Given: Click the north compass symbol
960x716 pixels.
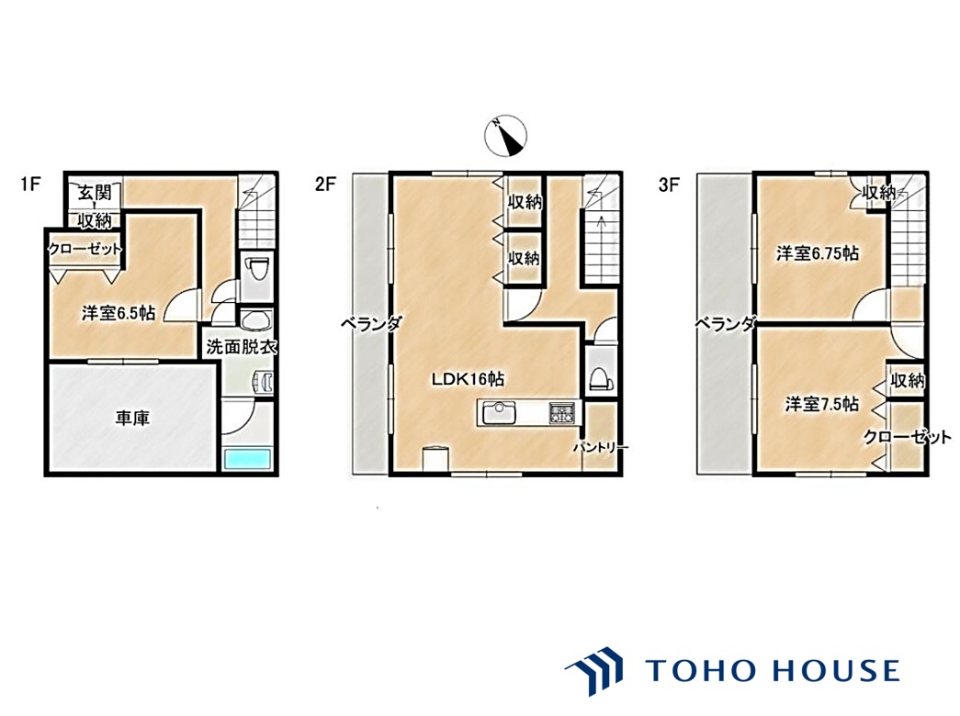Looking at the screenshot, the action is (505, 135).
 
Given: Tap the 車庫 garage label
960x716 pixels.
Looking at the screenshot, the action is (132, 419).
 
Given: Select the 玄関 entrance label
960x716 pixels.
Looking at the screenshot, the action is (95, 193).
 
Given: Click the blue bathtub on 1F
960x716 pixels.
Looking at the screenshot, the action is (247, 459).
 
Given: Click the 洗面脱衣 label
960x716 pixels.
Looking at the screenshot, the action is (242, 347).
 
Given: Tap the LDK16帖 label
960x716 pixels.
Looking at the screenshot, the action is (468, 379).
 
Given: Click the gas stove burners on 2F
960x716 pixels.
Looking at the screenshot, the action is (560, 412).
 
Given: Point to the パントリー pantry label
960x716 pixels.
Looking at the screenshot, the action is (601, 447).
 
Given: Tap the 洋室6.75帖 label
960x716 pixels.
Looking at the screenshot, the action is (818, 252).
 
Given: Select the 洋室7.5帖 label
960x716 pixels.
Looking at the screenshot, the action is (822, 404).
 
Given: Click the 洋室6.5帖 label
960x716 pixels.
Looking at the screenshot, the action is (119, 313).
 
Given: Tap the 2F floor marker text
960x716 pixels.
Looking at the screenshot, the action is (326, 184).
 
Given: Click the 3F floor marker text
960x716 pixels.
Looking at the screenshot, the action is (669, 184).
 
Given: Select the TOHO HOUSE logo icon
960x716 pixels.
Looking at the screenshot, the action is (593, 670).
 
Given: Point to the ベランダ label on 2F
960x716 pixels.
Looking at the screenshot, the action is (371, 322).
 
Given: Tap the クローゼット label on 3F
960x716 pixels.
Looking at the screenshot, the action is (908, 436).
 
